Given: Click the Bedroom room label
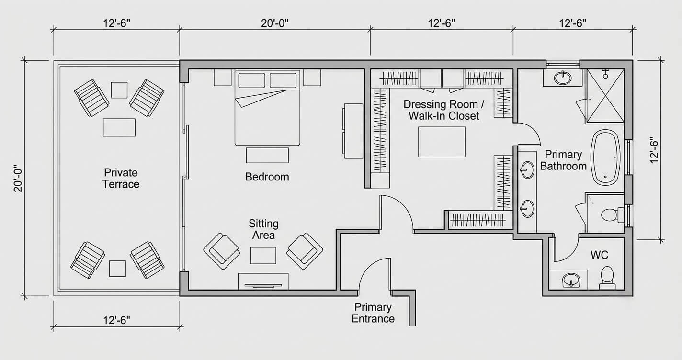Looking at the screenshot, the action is [267, 177].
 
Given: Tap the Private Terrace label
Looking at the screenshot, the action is [121, 179].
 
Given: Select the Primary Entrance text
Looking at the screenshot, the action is [373, 313].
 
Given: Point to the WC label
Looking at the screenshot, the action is [599, 255].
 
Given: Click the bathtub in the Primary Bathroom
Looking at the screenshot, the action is [606, 157].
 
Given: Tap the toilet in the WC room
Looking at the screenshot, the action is [607, 278].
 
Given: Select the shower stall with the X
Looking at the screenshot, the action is [605, 96].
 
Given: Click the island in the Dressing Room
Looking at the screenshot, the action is [442, 142].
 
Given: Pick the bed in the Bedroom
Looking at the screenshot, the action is [267, 107].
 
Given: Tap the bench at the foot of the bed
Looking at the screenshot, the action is [267, 155].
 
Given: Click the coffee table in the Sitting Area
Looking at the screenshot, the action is [263, 255].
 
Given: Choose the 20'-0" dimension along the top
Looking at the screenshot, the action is [274, 23].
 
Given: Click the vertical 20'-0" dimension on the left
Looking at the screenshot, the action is [18, 179].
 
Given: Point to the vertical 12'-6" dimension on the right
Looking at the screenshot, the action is [654, 152].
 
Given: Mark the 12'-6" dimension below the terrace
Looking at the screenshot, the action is [116, 320].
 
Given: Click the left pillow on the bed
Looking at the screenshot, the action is [251, 80].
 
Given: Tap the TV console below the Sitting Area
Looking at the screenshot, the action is [263, 281].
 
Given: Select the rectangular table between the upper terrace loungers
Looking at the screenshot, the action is [119, 127].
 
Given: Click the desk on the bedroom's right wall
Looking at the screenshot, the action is [353, 131].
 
